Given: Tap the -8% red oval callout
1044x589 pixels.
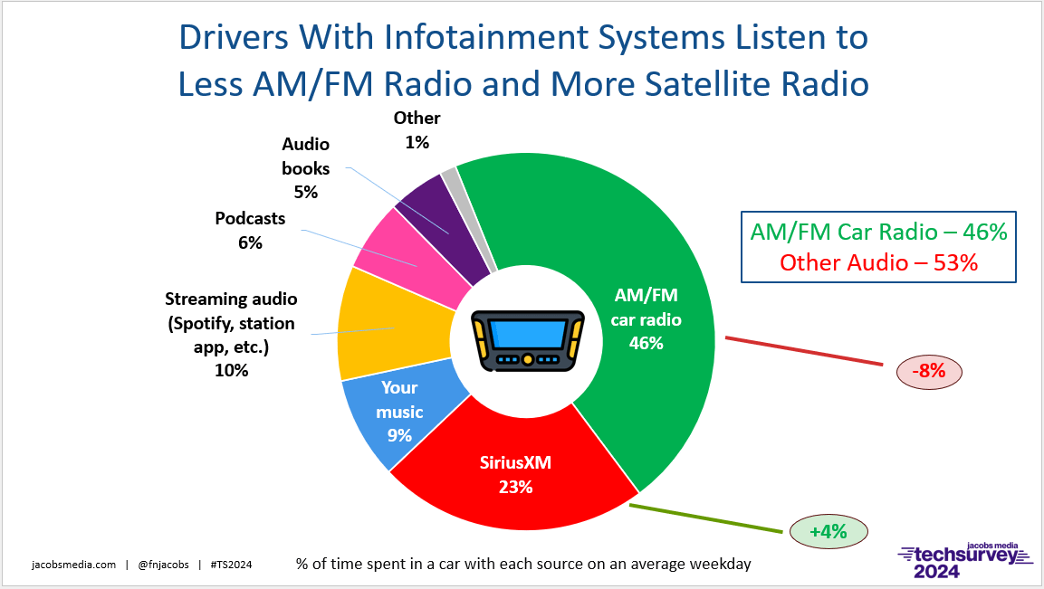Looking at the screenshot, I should tap(928, 370).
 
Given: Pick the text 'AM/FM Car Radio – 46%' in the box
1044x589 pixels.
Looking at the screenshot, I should tap(878, 232).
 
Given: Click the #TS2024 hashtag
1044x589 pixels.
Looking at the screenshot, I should tap(230, 564).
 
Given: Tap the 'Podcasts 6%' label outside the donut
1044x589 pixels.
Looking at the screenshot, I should tap(250, 230).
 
